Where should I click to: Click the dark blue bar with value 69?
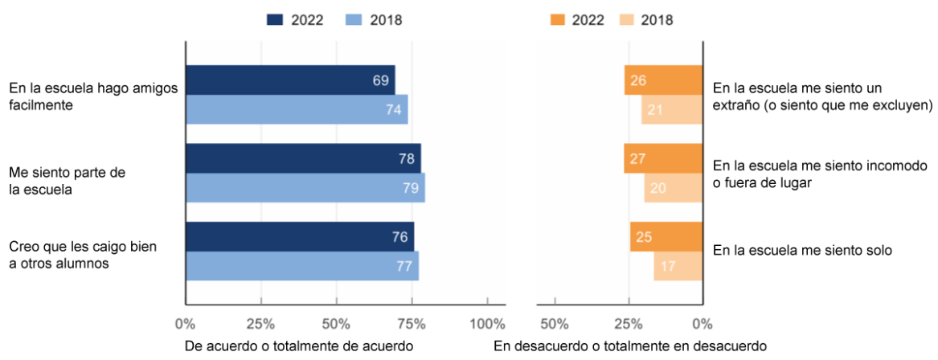289,80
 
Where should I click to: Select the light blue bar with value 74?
296,109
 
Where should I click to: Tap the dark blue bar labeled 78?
302,158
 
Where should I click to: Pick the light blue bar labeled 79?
305,188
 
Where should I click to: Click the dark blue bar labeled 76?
299,237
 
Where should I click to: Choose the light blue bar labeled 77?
301,266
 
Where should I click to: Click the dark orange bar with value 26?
664,80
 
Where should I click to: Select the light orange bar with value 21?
672,109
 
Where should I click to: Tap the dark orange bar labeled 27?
663,158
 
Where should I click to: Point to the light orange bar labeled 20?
674,188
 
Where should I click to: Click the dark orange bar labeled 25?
666,237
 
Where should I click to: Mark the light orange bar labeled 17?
678,266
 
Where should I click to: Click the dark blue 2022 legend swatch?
276,20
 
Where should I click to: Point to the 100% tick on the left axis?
487,324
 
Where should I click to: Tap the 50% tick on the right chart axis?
555,324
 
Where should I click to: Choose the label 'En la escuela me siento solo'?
803,251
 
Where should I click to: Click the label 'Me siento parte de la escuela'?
68,182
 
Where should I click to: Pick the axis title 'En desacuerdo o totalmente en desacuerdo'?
630,346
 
